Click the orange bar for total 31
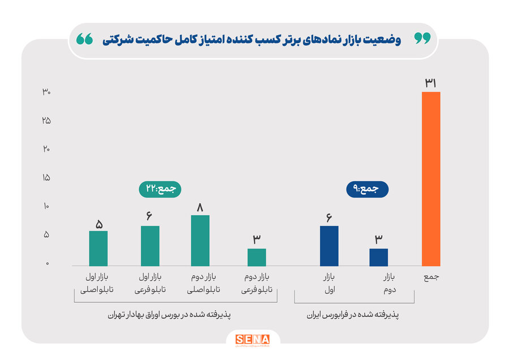(431, 179)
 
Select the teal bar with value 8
(200, 241)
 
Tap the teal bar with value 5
(98, 248)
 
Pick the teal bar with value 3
(256, 257)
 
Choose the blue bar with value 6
(329, 246)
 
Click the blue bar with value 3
(378, 257)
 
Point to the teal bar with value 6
(150, 246)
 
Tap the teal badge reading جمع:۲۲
(160, 189)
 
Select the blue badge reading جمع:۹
(367, 189)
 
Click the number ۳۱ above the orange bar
(431, 83)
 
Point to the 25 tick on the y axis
(46, 121)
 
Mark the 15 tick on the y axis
(46, 178)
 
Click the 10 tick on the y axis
(46, 207)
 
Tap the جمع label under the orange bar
(431, 277)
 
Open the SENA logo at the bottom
(252, 340)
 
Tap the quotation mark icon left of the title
(85, 39)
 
